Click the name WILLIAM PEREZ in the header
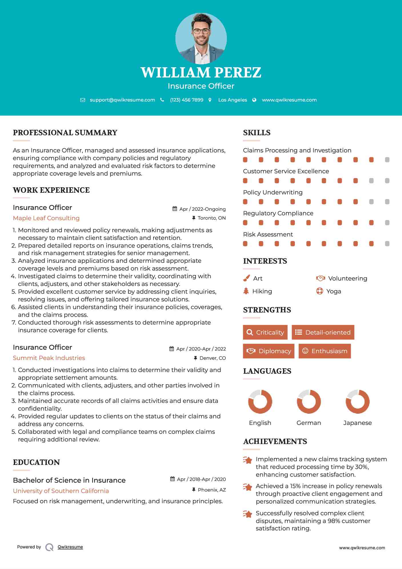(x=201, y=73)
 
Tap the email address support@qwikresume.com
(x=122, y=100)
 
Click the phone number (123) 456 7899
(x=187, y=100)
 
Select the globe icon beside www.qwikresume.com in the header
(x=254, y=100)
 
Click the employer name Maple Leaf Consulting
(x=46, y=218)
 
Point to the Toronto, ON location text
(x=211, y=218)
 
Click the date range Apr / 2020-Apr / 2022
(x=201, y=349)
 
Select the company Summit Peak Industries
(x=49, y=358)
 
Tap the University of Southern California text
(x=61, y=491)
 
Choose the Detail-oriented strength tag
(x=323, y=332)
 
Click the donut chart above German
(x=309, y=401)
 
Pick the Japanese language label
(x=357, y=423)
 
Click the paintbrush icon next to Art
(x=246, y=278)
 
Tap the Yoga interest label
(x=334, y=291)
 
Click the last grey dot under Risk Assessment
(x=387, y=244)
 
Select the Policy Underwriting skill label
(x=273, y=192)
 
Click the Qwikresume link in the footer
(x=70, y=547)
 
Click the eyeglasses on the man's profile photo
(x=201, y=31)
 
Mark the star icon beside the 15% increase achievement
(x=247, y=487)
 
